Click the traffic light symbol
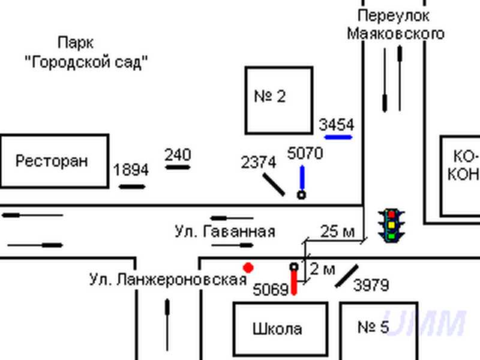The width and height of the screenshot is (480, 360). tap(391, 225)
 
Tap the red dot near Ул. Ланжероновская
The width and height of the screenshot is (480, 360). tap(247, 267)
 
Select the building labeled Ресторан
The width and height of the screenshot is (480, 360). tap(54, 161)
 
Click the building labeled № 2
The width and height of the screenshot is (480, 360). tap(279, 100)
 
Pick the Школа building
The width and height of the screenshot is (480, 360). tap(280, 329)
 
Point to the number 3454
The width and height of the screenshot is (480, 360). tap(337, 125)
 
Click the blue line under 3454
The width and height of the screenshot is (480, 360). tap(338, 137)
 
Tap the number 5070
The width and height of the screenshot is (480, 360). tap(305, 154)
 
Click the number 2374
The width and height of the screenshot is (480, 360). tap(259, 162)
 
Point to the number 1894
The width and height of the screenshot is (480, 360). tap(131, 170)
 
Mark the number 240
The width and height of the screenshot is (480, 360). tap(178, 155)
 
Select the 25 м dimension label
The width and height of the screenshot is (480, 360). tap(337, 231)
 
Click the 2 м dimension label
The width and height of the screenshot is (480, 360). tap(325, 269)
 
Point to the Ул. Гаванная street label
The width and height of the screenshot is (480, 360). tap(225, 232)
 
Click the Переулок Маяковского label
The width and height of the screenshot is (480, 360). tap(395, 25)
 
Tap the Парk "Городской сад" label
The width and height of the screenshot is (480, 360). tap(86, 52)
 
